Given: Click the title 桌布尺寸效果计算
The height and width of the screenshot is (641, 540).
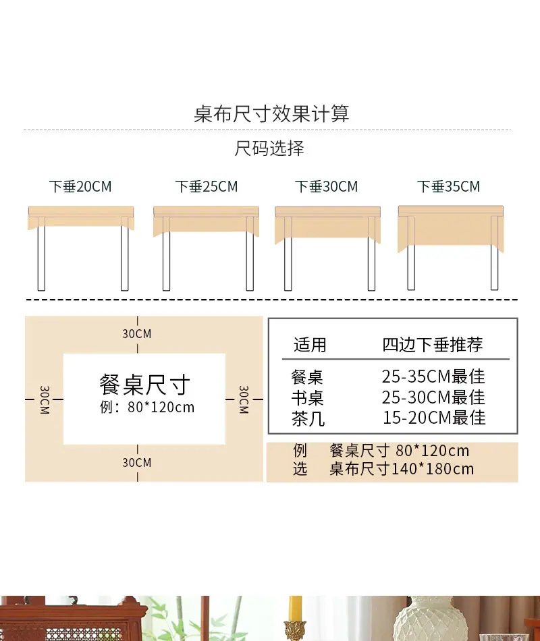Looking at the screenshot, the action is [271, 113].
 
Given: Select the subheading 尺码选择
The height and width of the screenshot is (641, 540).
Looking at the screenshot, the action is [269, 148].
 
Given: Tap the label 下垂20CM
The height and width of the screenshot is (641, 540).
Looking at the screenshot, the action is [80, 186].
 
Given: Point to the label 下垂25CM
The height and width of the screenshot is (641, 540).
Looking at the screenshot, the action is [207, 186].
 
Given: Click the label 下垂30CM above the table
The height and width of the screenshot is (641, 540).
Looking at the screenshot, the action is [327, 186].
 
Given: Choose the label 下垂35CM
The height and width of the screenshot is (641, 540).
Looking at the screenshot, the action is [448, 186].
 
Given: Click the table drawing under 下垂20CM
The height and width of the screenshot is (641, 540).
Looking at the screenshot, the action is [81, 248].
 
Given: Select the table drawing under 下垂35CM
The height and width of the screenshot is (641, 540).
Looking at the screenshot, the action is [451, 248].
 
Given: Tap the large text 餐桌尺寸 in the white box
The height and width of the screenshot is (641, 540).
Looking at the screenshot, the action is [145, 385].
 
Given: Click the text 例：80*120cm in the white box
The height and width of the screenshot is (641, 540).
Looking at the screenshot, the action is [147, 407].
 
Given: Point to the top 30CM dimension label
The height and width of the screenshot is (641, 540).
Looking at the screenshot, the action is [137, 333].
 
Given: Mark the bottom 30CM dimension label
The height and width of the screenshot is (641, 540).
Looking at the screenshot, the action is [137, 462].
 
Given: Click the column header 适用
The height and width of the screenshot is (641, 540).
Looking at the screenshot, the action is [310, 345].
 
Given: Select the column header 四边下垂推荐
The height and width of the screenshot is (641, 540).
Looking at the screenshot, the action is [433, 345].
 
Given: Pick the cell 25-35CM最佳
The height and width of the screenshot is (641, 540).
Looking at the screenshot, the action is [433, 376].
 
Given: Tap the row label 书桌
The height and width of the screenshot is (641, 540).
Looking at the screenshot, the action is [307, 398].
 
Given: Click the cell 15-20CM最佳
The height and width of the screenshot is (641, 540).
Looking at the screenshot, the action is [434, 418].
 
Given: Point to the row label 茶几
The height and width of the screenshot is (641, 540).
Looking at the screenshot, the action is [308, 419].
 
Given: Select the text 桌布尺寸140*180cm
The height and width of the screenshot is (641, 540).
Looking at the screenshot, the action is [402, 469].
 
